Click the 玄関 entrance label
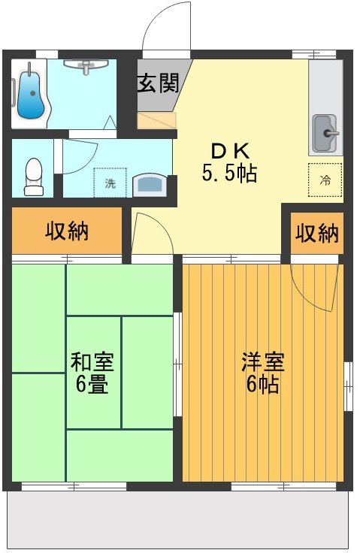coord(158,83)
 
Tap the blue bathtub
coord(30,95)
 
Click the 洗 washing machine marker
coord(110,183)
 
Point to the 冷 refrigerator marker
coord(325,180)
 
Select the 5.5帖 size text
coord(228,174)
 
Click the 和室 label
coord(92,362)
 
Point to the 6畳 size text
coord(92,386)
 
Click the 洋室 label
coord(262,361)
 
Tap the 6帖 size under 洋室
coord(262,385)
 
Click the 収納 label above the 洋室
coord(316,234)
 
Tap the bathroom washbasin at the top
coord(83,68)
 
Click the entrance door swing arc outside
coord(162,26)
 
